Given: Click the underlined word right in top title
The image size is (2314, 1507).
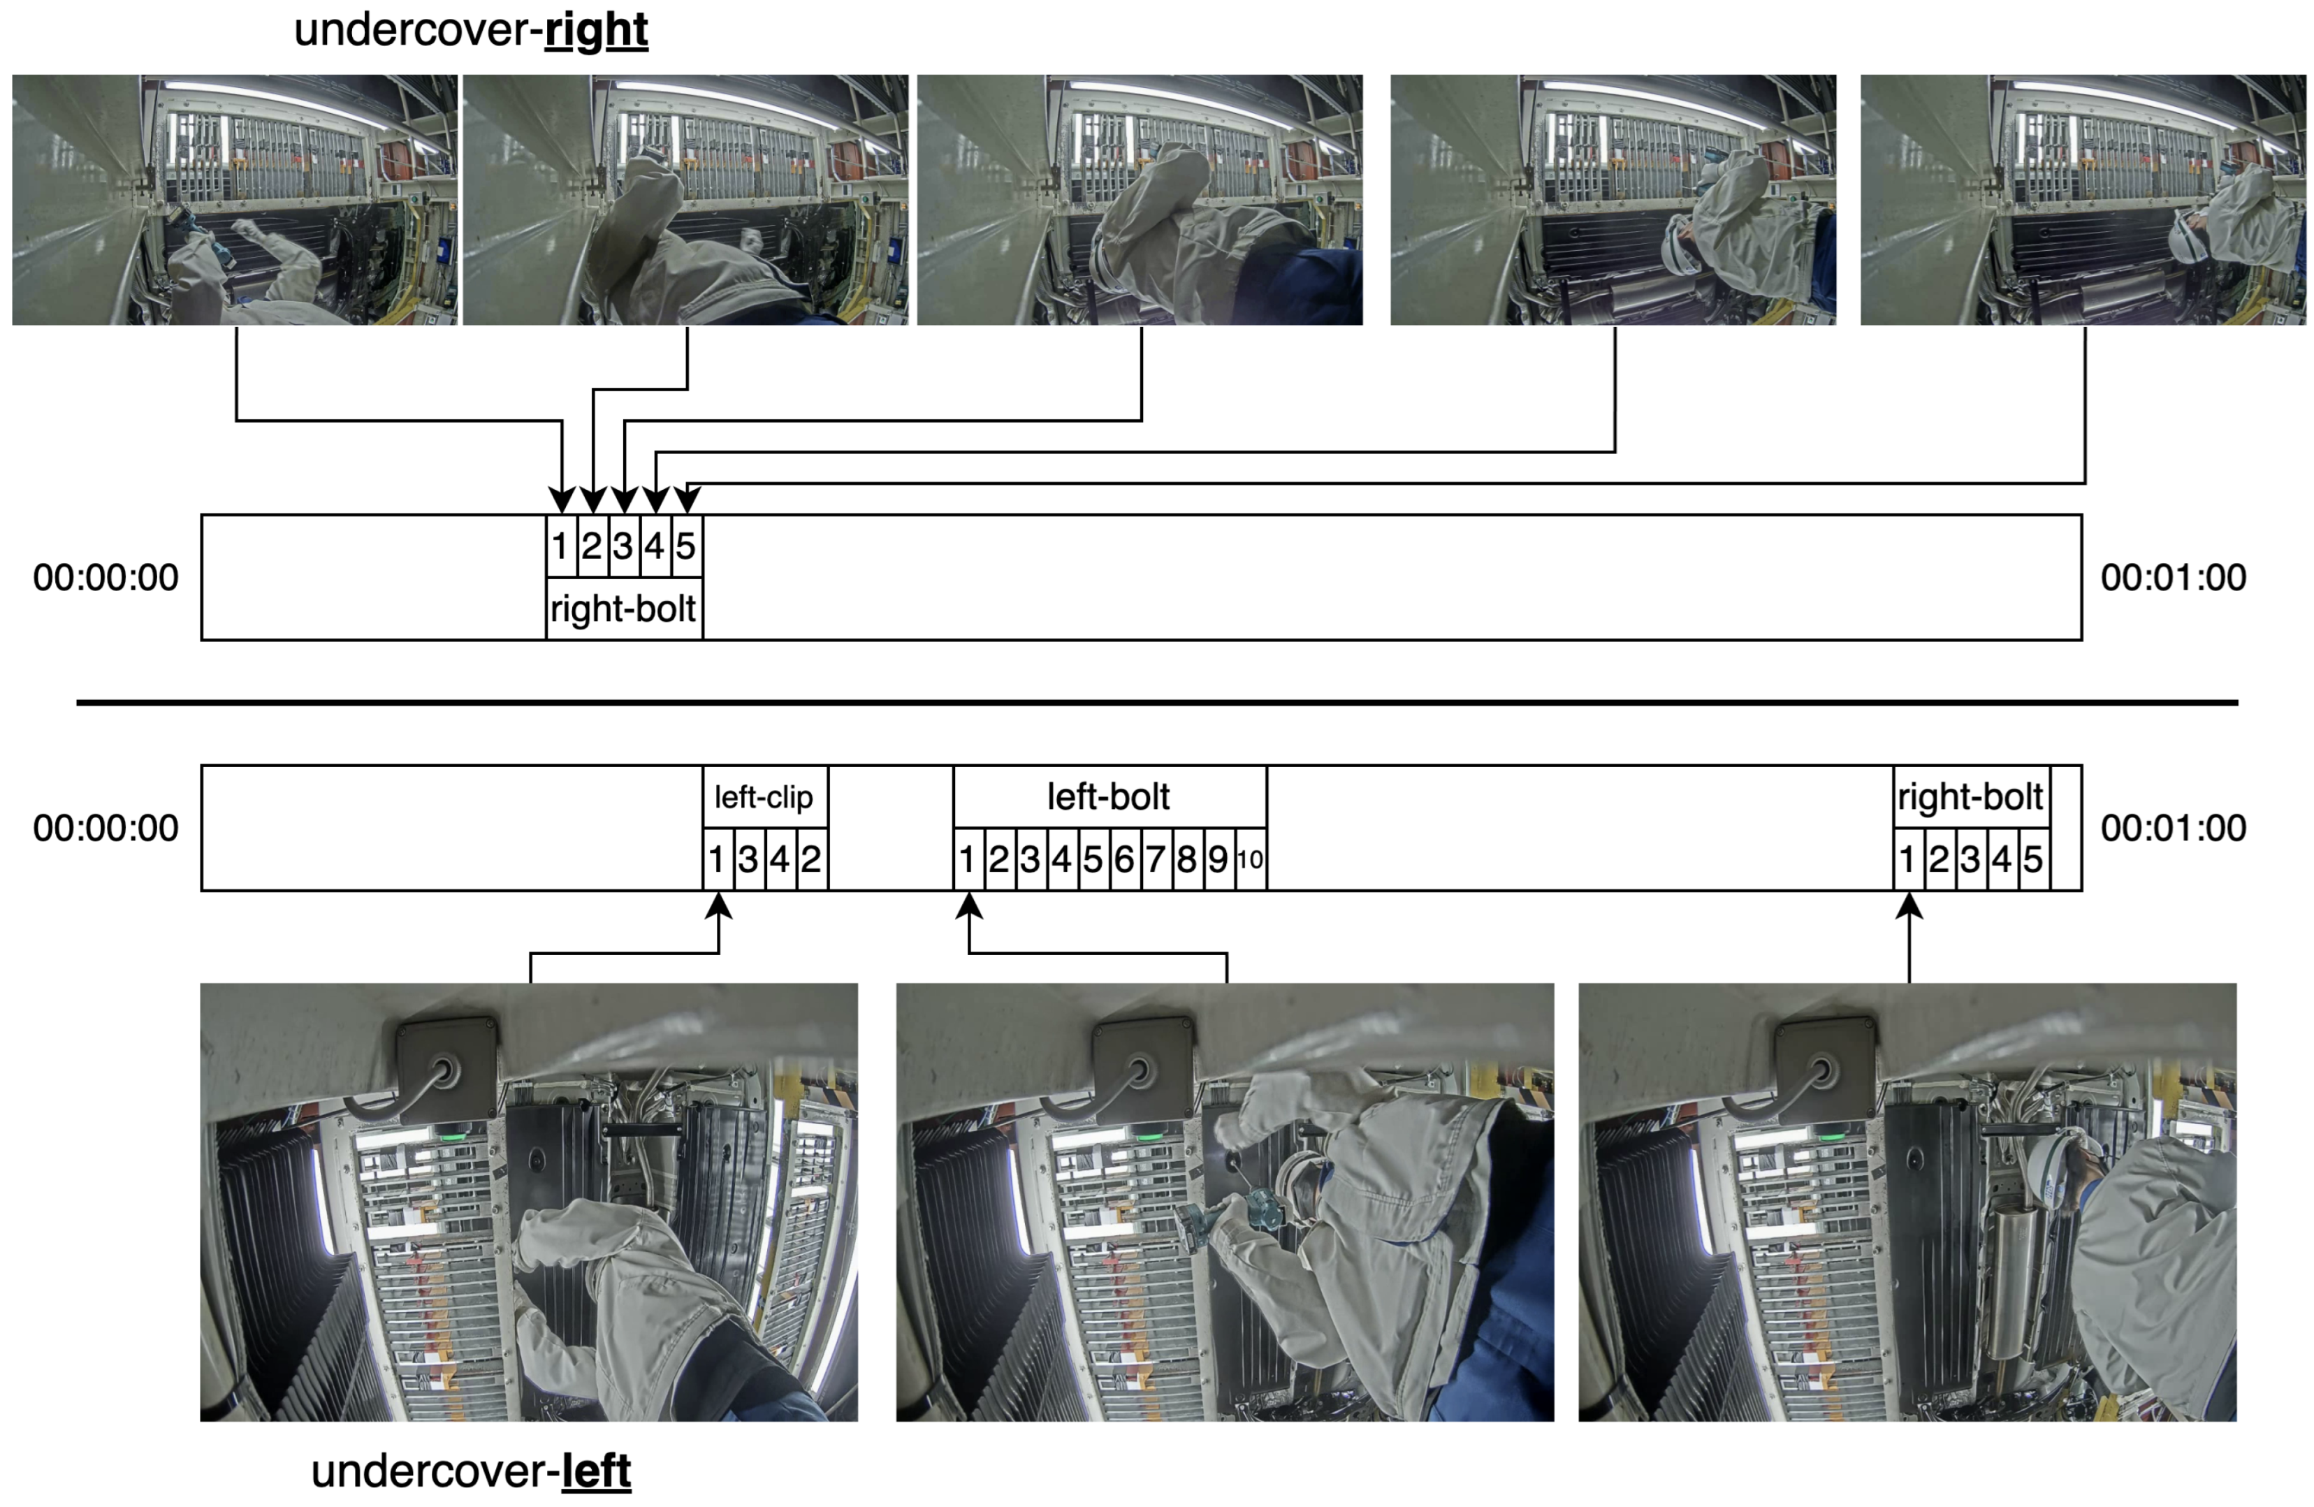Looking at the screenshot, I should [596, 30].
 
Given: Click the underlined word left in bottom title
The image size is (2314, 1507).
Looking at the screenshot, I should [596, 1471].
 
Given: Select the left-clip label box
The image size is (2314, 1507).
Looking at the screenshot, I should [764, 797].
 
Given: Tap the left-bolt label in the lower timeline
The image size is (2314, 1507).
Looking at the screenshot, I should [1108, 797].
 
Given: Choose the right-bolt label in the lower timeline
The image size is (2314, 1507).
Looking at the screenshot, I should [1970, 797].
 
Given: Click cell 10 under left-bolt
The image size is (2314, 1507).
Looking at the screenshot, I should [1251, 859].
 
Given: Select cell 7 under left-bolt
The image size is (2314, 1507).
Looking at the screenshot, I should [1155, 859].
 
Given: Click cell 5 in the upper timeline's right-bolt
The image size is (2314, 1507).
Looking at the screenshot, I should [686, 546].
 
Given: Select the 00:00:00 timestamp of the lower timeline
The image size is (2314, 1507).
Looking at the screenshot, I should [106, 829].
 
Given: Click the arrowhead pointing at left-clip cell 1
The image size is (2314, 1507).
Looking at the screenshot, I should [718, 906].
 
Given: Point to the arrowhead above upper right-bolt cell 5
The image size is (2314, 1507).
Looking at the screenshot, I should [687, 499].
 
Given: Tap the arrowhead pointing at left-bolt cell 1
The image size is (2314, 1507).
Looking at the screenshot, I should [968, 906].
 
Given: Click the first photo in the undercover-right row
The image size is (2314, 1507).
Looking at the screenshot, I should [234, 199].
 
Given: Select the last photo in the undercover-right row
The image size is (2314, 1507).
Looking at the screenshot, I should [2083, 199].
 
